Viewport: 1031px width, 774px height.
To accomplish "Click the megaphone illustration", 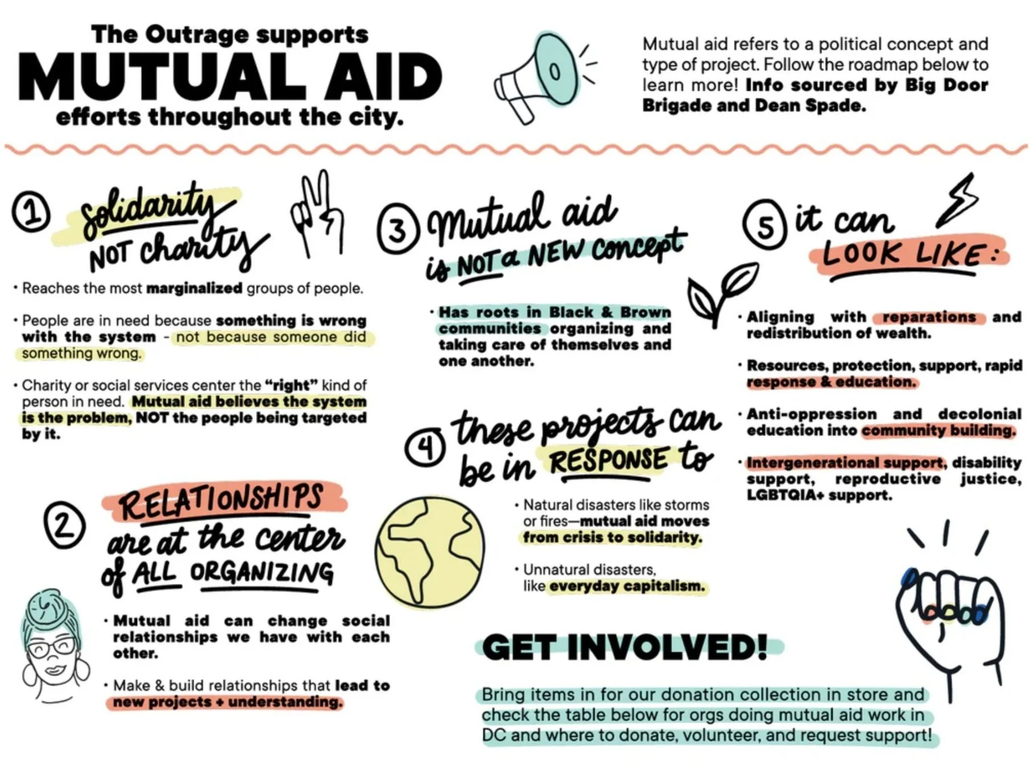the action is (x=535, y=77).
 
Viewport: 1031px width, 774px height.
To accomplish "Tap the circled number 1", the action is (x=31, y=212).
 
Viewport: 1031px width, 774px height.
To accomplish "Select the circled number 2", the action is (x=64, y=524).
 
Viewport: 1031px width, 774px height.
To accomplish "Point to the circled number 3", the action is (x=398, y=230).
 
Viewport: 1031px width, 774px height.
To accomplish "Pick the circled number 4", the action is (x=425, y=448).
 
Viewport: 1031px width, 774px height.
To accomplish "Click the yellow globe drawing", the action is (x=430, y=551).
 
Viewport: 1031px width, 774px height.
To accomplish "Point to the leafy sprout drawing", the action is (x=721, y=291).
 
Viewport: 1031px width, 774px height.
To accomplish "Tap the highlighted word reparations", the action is (x=929, y=317).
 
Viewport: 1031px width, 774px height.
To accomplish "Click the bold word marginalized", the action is (x=194, y=288).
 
